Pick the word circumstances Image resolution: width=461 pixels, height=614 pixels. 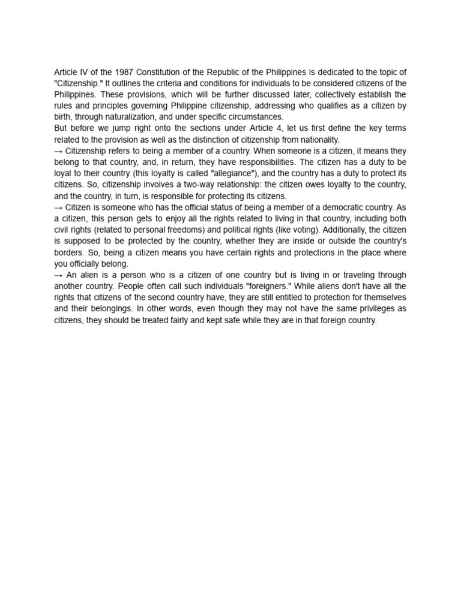click(x=252, y=117)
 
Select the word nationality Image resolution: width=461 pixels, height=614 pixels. click(x=318, y=140)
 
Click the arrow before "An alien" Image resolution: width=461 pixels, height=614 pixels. click(x=58, y=275)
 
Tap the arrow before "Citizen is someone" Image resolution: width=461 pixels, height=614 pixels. click(x=58, y=207)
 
